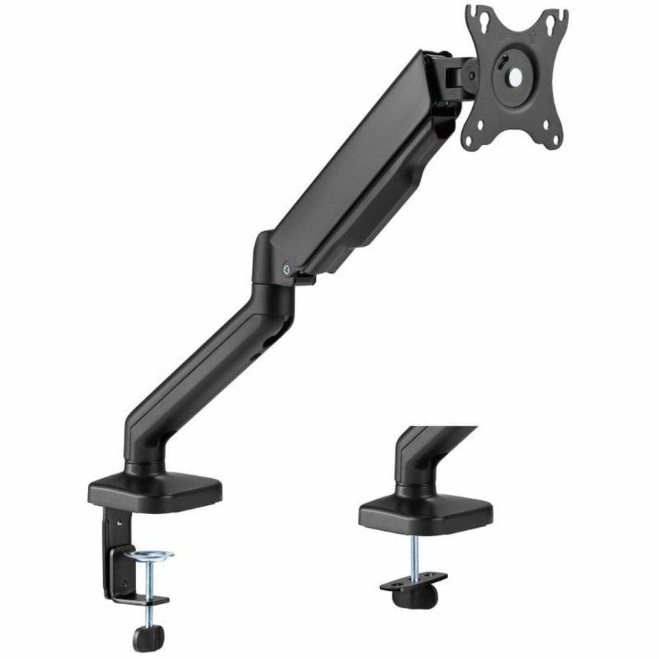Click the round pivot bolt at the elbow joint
(287, 269)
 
